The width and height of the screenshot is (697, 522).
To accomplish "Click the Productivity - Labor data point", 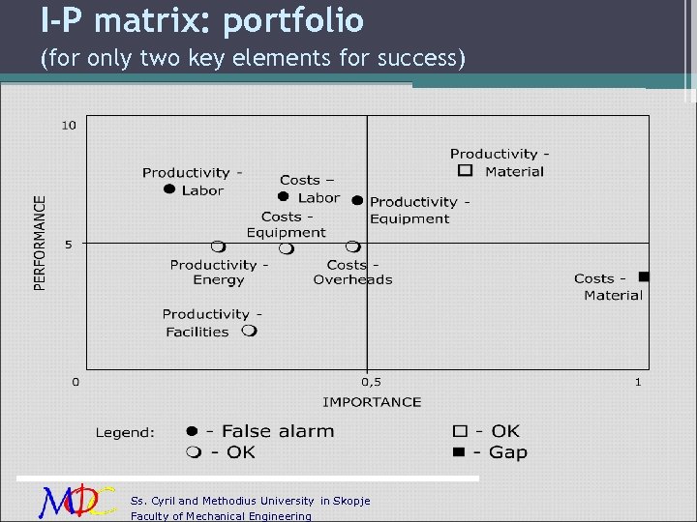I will [169, 189].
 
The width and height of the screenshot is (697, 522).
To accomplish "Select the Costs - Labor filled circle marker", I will [284, 196].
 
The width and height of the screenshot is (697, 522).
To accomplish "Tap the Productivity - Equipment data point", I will [357, 200].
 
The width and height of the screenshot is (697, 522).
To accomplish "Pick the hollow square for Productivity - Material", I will [465, 171].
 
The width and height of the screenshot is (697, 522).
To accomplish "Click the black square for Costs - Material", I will [644, 277].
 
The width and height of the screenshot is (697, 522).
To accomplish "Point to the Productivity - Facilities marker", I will [249, 331].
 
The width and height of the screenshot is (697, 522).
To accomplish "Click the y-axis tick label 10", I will [70, 125].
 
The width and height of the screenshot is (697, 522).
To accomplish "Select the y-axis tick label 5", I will [69, 244].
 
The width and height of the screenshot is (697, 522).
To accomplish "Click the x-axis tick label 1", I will [638, 383].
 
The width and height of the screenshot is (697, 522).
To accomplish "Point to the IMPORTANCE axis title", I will [372, 401].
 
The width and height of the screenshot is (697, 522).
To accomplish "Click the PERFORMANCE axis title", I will [41, 243].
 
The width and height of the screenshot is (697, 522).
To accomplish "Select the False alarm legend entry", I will [261, 432].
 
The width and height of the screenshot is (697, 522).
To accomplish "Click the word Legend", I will [124, 433].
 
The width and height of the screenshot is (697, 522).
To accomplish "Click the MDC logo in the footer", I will [78, 500].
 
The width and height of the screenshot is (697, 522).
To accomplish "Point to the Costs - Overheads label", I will [352, 272].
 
